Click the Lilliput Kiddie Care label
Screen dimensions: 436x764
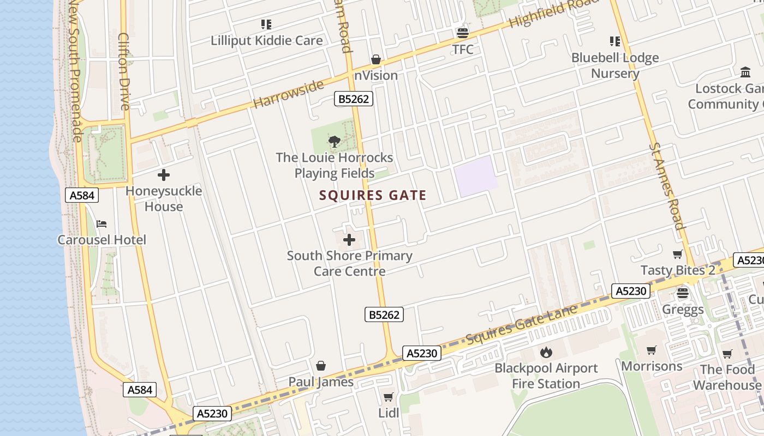(266, 41)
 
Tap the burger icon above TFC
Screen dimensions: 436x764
(463, 33)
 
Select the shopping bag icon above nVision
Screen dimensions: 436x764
(376, 59)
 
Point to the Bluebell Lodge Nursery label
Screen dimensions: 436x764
(615, 65)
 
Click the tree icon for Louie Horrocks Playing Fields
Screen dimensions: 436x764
(335, 142)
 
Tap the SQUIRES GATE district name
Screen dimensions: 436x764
(373, 195)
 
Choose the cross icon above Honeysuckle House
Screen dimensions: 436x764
(163, 175)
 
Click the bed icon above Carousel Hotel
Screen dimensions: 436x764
(102, 224)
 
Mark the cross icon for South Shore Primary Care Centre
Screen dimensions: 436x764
(349, 240)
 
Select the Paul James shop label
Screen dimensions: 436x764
(321, 382)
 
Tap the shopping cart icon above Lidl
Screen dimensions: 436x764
(389, 397)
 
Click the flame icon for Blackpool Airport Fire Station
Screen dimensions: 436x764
(546, 352)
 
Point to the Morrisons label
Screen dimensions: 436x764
(652, 366)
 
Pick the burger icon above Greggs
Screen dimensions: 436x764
(683, 293)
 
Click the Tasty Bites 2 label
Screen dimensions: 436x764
(678, 270)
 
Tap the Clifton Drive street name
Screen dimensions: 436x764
(123, 71)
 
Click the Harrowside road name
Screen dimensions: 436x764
(289, 94)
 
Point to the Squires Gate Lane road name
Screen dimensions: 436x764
(521, 325)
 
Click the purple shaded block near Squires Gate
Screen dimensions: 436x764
(476, 176)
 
